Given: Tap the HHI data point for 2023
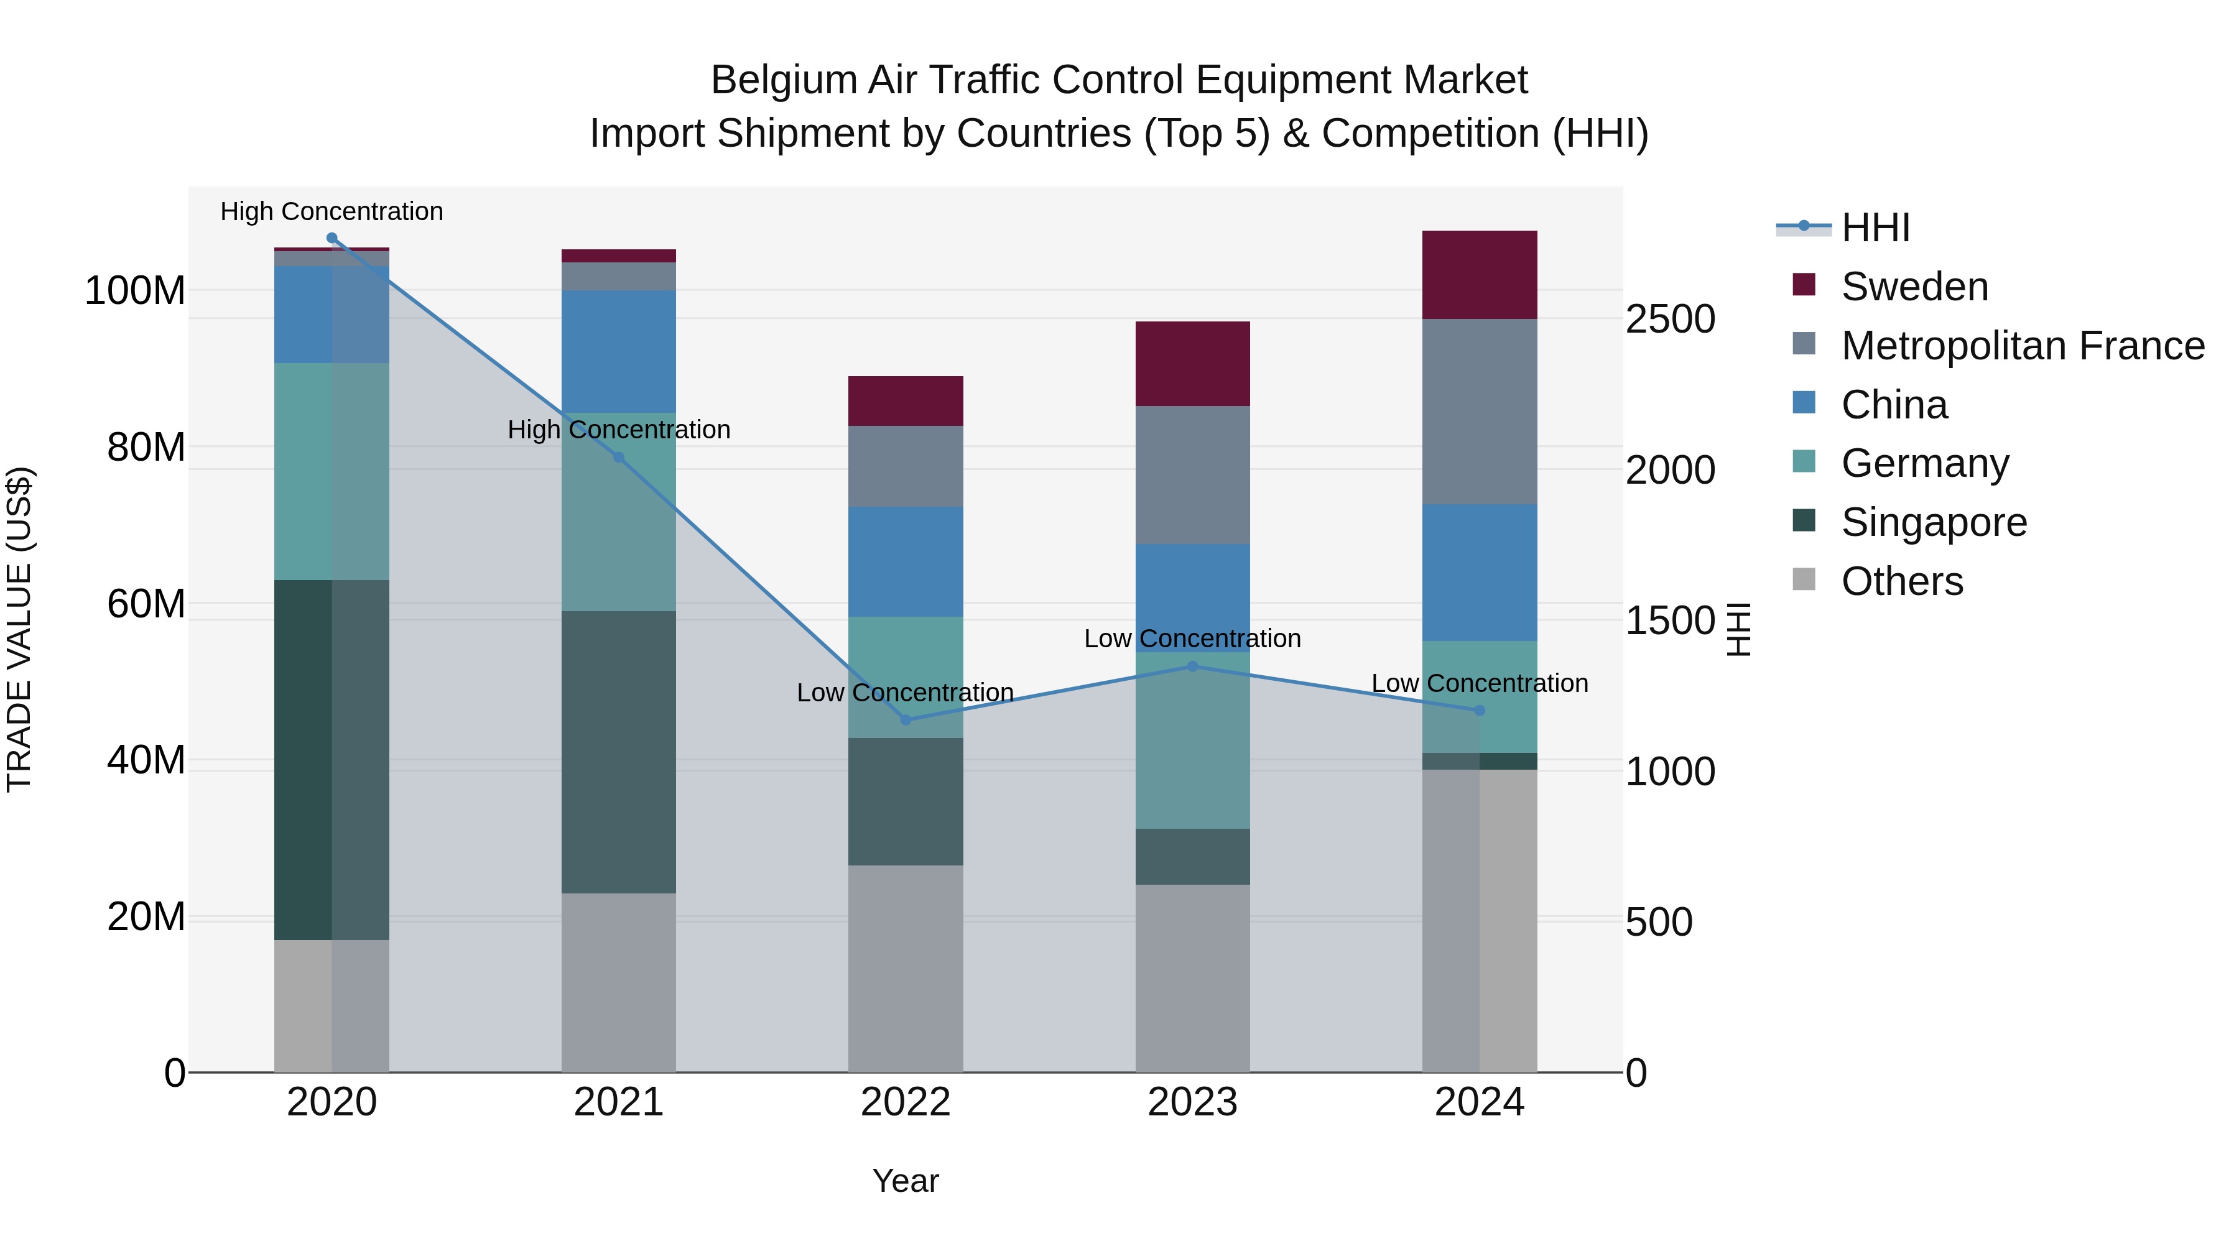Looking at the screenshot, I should [1192, 666].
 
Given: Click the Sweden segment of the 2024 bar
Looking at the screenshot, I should [1480, 275].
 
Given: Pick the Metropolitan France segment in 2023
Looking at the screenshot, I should [1192, 474].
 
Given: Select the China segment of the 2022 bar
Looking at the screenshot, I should [906, 561].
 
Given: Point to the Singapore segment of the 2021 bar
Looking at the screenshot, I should [619, 752].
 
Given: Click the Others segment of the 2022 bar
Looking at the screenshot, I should [906, 968].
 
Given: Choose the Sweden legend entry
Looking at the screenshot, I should [1914, 287].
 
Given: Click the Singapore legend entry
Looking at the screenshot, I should [1933, 522].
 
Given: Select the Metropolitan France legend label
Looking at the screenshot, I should [2023, 346].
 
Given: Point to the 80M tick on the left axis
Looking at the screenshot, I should [146, 448].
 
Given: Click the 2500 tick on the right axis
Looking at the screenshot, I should [1670, 319].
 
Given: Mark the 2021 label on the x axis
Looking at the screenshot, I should [619, 1102].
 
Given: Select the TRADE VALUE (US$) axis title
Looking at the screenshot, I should [19, 629].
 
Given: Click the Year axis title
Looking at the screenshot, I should [906, 1181].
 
